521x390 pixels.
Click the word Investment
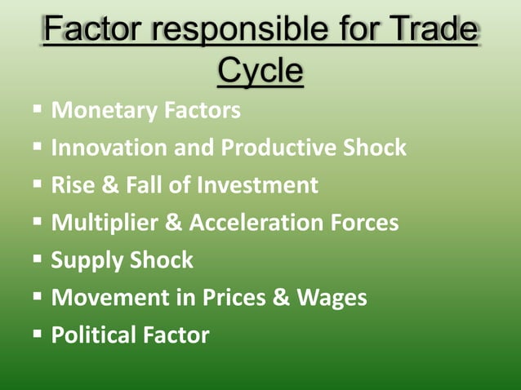(256, 185)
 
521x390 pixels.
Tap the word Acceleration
(247, 223)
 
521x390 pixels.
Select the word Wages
(332, 298)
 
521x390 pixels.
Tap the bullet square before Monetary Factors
(38, 110)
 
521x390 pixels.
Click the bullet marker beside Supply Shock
(38, 259)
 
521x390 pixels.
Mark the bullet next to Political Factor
(38, 334)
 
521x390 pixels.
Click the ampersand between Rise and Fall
(109, 185)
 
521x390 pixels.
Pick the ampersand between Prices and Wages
(282, 298)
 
